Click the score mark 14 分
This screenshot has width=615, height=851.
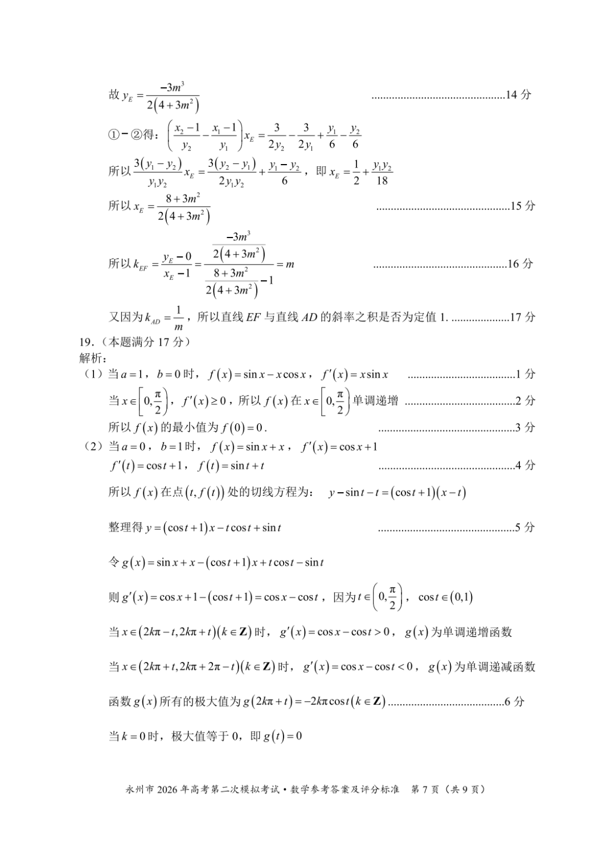coord(518,95)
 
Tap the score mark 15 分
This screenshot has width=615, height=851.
coord(522,206)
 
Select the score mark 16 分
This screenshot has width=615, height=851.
coord(520,264)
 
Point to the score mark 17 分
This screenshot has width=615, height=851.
coord(522,317)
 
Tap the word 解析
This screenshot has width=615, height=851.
coord(91,358)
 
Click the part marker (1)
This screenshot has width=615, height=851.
coord(91,374)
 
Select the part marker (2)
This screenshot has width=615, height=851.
coord(91,447)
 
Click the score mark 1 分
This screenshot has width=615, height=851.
coord(525,374)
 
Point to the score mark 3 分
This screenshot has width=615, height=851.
coord(525,427)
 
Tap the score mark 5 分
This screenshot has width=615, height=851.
coord(525,527)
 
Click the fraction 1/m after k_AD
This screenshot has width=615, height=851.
coord(178,318)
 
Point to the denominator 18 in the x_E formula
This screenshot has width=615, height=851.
coord(382,181)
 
